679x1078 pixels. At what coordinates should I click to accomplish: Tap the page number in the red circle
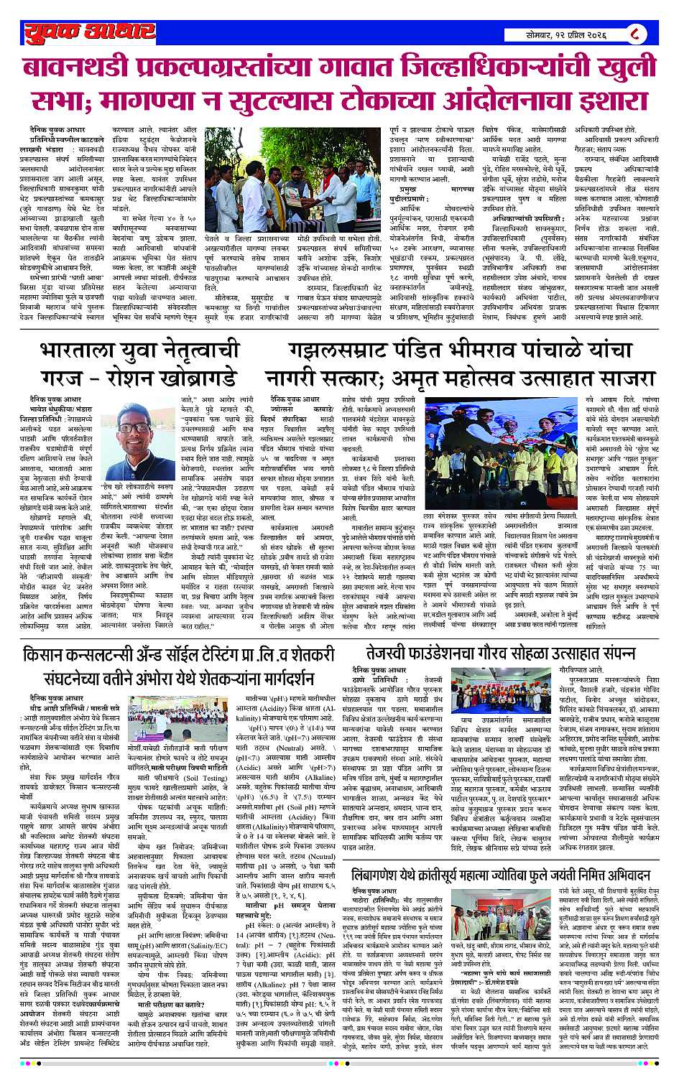[634, 32]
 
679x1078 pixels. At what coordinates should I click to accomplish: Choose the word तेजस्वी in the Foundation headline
[397, 656]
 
